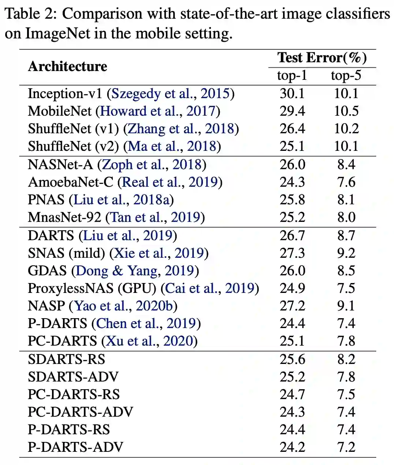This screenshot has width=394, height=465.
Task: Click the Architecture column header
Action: pos(67,66)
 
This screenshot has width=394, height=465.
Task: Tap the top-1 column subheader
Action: pos(292,75)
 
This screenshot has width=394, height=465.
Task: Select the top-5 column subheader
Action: pos(346,75)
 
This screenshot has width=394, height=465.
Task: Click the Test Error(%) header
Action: pos(322,57)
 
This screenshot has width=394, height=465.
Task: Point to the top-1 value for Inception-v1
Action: pos(292,93)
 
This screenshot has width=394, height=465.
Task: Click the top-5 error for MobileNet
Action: pos(346,111)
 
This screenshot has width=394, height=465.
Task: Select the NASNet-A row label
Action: pos(60,164)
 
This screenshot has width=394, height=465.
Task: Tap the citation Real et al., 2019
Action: pos(170,182)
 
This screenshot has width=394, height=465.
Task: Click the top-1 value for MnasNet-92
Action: pos(292,217)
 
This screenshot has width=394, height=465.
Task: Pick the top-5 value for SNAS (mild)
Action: pos(346,253)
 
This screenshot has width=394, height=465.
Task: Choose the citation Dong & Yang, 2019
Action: pos(135,271)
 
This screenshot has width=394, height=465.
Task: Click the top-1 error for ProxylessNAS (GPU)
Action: pos(292,288)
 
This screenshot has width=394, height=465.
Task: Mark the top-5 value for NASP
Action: pos(346,306)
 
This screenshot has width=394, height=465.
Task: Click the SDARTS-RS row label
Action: pos(66,359)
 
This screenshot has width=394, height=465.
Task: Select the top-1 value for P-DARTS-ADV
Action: pos(292,447)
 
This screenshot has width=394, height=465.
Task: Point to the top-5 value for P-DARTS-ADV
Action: pos(346,447)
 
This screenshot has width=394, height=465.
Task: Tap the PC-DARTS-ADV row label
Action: pos(80,412)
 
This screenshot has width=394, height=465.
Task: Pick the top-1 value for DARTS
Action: pos(292,235)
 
